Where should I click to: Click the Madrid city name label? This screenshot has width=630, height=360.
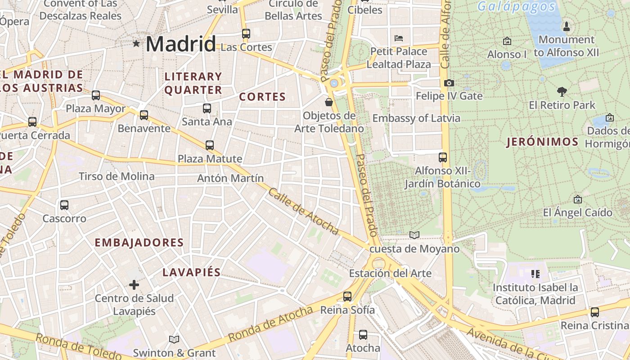tap(181, 44)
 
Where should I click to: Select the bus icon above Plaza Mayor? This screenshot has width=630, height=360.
tap(96, 95)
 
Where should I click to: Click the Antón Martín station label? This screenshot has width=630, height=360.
tap(230, 178)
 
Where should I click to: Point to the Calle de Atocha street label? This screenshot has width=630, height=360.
tap(303, 211)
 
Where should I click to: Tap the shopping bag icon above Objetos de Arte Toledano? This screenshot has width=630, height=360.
tap(329, 102)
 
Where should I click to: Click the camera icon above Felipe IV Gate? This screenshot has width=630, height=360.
tap(449, 83)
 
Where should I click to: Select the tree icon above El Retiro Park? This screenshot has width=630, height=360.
tap(562, 92)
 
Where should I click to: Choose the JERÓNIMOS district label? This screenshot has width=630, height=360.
tap(542, 142)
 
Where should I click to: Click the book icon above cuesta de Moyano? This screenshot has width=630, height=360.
tap(414, 235)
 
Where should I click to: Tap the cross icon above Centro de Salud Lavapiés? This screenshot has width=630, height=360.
tap(134, 285)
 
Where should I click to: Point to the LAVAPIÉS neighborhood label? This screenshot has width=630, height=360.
tap(192, 272)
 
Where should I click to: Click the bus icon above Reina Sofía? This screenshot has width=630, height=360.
tap(347, 297)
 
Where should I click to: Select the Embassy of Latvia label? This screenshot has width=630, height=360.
tap(416, 118)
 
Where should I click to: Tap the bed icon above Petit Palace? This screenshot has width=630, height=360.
tap(399, 38)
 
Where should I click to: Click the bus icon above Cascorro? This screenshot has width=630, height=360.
tap(64, 205)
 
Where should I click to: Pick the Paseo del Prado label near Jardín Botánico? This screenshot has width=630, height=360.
tap(366, 195)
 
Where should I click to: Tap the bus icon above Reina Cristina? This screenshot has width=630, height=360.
tap(594, 312)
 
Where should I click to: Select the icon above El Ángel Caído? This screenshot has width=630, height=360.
tap(578, 199)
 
